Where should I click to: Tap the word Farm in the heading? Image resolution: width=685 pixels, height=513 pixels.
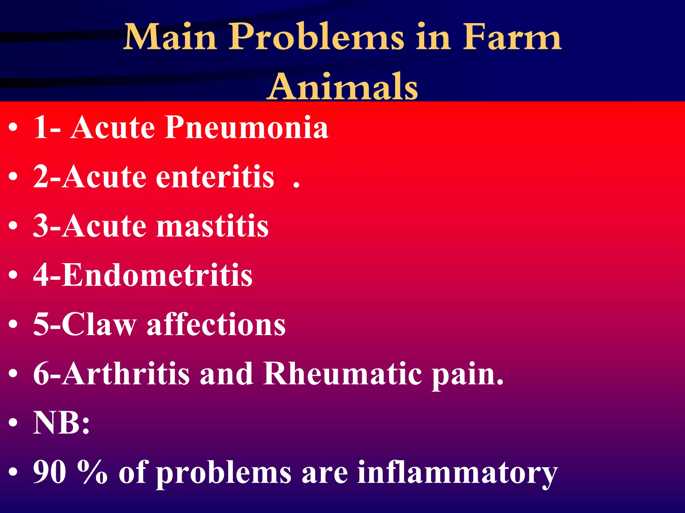pyautogui.click(x=511, y=37)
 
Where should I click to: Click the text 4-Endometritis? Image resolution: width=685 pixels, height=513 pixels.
pyautogui.click(x=143, y=275)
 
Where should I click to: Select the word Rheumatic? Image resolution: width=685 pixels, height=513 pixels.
pyautogui.click(x=342, y=374)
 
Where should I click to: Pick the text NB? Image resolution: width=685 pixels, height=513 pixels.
pyautogui.click(x=62, y=423)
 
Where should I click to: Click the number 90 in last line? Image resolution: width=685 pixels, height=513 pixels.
pyautogui.click(x=50, y=472)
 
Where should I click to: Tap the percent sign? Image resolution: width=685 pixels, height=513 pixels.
pyautogui.click(x=92, y=472)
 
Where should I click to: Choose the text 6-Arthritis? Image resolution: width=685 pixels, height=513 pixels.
pyautogui.click(x=111, y=374)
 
